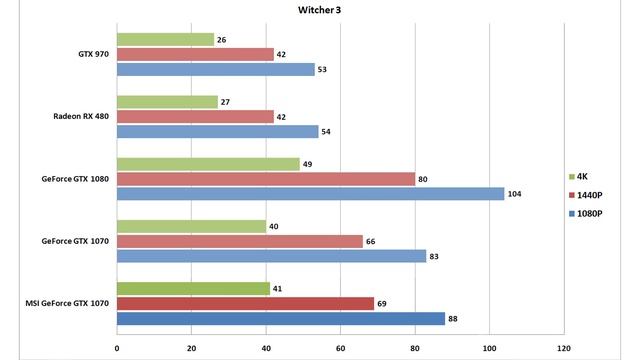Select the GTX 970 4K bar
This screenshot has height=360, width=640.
165,40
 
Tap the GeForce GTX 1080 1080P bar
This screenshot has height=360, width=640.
310,194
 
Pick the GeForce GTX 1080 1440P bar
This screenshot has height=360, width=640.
266,179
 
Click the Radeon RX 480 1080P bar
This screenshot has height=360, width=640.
217,131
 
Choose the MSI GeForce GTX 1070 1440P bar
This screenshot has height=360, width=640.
245,303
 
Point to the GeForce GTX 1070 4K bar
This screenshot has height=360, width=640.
191,226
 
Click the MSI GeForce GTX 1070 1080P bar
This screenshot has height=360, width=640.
281,319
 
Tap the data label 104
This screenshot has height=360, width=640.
515,194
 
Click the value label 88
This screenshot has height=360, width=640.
454,319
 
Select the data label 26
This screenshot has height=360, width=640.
222,40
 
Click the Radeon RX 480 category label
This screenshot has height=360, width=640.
80,117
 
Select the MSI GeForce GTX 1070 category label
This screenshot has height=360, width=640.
62,304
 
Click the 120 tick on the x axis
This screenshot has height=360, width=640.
563,349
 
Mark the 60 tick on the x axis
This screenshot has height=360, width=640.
340,349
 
